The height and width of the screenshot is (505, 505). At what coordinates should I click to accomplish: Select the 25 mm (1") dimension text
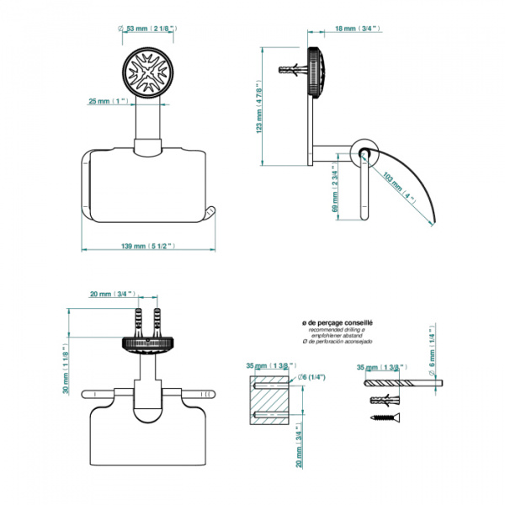pyautogui.click(x=107, y=102)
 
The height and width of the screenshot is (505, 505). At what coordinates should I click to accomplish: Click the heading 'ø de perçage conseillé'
pyautogui.click(x=337, y=322)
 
